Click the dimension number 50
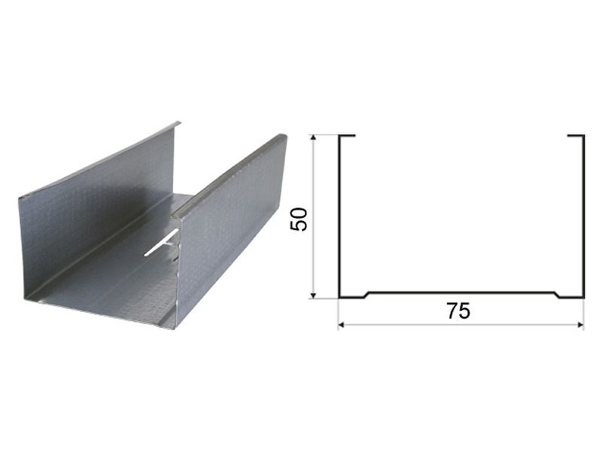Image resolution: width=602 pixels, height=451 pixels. click(x=299, y=219)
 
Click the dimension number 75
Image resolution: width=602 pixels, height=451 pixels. click(x=458, y=311)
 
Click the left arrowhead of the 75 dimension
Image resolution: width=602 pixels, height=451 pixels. click(x=342, y=325)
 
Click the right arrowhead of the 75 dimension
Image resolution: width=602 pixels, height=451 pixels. click(x=579, y=325)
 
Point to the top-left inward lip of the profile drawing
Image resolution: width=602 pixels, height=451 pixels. click(x=347, y=135)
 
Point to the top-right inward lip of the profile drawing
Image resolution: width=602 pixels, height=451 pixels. click(x=576, y=135)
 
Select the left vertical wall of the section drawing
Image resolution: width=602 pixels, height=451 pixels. click(x=340, y=216)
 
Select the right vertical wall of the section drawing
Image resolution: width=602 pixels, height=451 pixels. click(x=584, y=216)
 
